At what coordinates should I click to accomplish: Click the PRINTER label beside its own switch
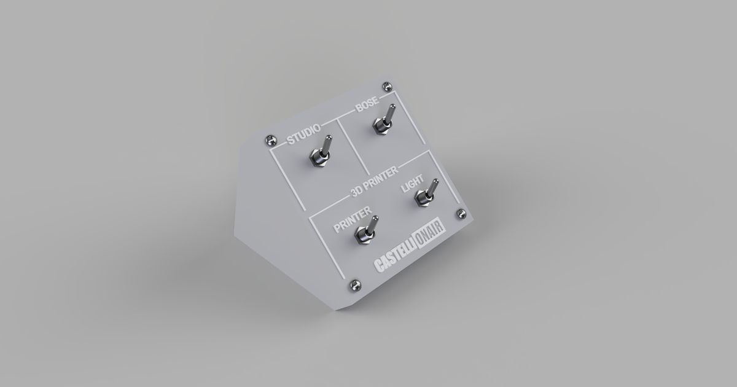352,220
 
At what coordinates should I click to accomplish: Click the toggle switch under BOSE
383,120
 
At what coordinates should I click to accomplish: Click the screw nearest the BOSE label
386,85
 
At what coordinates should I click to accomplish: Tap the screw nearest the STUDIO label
268,139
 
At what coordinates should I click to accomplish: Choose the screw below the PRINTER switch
354,284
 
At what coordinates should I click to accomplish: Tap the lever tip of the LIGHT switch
435,182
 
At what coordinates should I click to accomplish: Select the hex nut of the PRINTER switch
363,235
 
